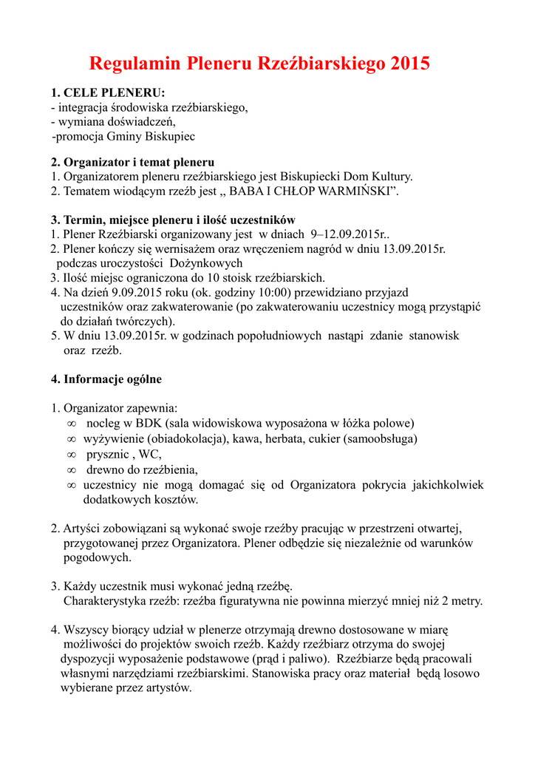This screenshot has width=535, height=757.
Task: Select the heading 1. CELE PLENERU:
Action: point(108,93)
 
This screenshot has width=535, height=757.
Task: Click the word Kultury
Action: point(389,177)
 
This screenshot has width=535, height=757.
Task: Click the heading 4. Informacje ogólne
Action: point(106,379)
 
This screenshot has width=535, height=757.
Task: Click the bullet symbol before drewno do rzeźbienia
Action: point(72,469)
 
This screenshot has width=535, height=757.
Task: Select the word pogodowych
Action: point(97,557)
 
